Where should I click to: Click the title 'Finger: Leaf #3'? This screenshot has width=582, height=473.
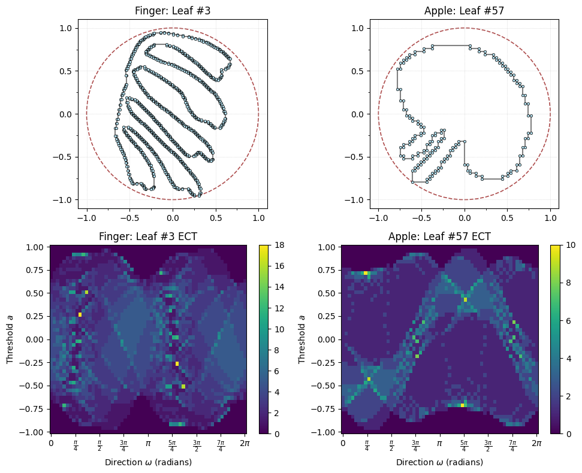tap(173, 10)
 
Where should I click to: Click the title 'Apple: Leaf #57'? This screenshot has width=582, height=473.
tap(464, 10)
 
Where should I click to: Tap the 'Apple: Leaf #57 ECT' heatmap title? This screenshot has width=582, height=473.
tap(440, 236)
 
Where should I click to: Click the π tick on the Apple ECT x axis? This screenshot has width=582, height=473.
tap(440, 443)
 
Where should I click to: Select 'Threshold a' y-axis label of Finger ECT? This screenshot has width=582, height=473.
tap(10, 339)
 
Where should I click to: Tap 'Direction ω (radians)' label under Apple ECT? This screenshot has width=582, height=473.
tap(440, 462)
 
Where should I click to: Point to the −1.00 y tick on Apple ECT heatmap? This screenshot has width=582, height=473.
tap(326, 432)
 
